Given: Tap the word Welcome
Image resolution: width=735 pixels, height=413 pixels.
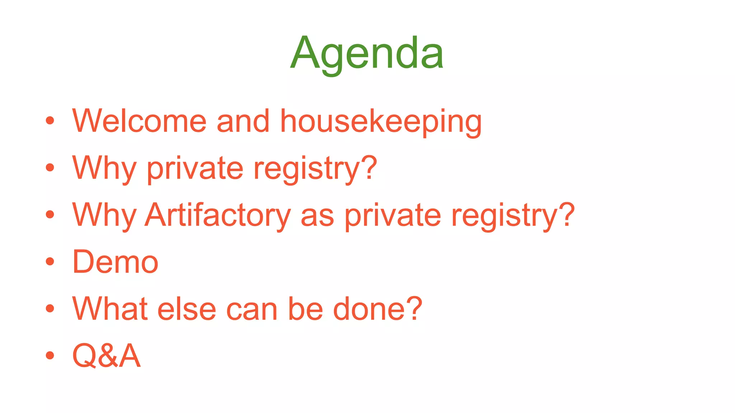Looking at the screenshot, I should click(x=139, y=121).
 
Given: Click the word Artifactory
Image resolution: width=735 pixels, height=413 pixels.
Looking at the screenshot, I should click(x=217, y=215).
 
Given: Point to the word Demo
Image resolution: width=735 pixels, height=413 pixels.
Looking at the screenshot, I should click(x=115, y=262).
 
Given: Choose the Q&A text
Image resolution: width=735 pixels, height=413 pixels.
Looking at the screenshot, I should click(x=106, y=356).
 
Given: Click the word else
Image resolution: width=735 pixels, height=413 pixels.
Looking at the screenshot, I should click(x=187, y=309).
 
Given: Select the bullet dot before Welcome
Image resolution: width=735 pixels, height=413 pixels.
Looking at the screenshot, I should click(x=50, y=121).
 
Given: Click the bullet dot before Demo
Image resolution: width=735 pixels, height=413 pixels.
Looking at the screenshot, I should click(x=50, y=261).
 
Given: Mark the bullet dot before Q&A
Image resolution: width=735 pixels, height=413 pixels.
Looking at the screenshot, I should click(x=50, y=355).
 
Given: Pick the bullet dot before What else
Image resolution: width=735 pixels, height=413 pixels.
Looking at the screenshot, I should click(x=50, y=308).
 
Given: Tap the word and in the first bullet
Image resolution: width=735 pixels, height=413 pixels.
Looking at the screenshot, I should click(x=243, y=121).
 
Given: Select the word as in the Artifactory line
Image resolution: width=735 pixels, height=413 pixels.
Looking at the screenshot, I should click(x=317, y=216).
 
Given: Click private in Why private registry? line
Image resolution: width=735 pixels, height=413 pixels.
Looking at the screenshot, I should click(x=195, y=168).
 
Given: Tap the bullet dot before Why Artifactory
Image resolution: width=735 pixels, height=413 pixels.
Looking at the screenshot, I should click(x=50, y=215).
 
